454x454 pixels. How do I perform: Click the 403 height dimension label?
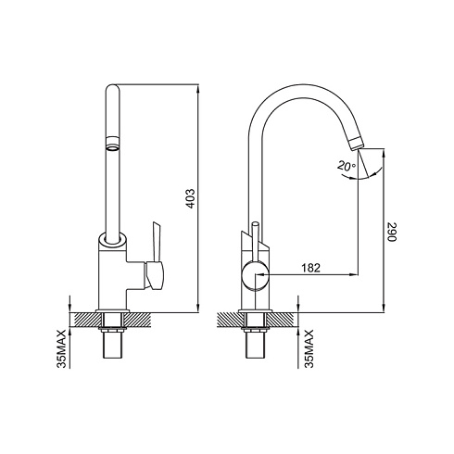tap(191, 198)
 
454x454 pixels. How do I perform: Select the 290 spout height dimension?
tap(391, 232)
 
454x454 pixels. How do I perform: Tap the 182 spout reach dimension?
tap(310, 268)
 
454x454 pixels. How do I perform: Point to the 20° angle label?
tap(347, 166)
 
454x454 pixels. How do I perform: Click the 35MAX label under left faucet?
tap(61, 348)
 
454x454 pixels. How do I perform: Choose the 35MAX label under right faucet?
tap(309, 348)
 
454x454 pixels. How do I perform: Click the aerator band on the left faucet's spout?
tap(113, 143)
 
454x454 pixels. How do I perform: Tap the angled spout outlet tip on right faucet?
tap(357, 144)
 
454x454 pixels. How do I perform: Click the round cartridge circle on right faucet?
tap(255, 275)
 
